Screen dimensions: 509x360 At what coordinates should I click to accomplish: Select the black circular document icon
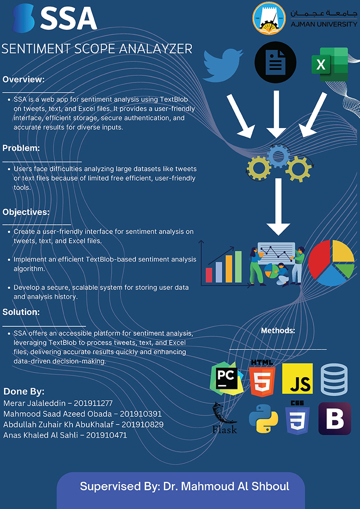pos(275,64)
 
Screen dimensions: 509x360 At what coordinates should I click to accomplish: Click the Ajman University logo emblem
pos(269,18)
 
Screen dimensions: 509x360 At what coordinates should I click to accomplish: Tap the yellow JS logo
pos(297,379)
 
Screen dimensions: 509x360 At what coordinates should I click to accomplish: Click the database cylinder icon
pos(334,379)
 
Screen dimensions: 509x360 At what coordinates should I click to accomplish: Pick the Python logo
pos(263,418)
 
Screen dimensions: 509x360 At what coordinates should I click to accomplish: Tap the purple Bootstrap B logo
pos(334,419)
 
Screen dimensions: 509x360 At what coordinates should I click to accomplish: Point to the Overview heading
pos(23,80)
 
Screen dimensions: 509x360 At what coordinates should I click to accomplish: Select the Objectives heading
pos(26,212)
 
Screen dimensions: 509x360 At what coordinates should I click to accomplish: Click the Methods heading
pos(278,331)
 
